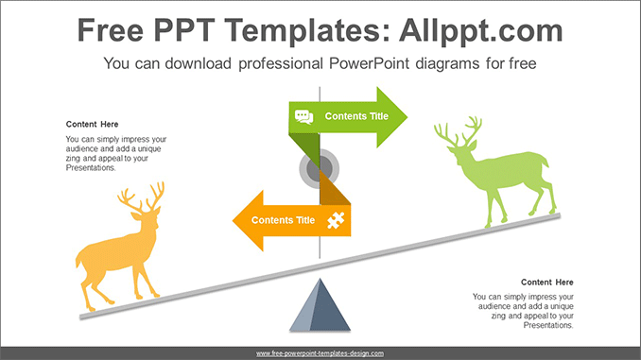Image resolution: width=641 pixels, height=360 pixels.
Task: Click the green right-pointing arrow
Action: tap(378, 117)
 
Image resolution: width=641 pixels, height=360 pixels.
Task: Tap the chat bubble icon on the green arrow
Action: tap(303, 117)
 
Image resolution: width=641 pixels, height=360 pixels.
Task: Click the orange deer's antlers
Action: tap(142, 199)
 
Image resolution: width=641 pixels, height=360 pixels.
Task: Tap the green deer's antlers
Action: tap(458, 131)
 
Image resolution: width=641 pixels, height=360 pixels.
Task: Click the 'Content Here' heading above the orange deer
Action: tap(92, 124)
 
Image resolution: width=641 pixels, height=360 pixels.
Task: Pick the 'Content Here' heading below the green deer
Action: tap(547, 283)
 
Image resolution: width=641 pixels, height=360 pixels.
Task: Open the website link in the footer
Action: tap(320, 352)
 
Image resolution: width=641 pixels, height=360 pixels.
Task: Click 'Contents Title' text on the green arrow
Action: tap(356, 117)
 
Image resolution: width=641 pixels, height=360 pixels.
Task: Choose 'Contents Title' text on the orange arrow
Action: tap(283, 220)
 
